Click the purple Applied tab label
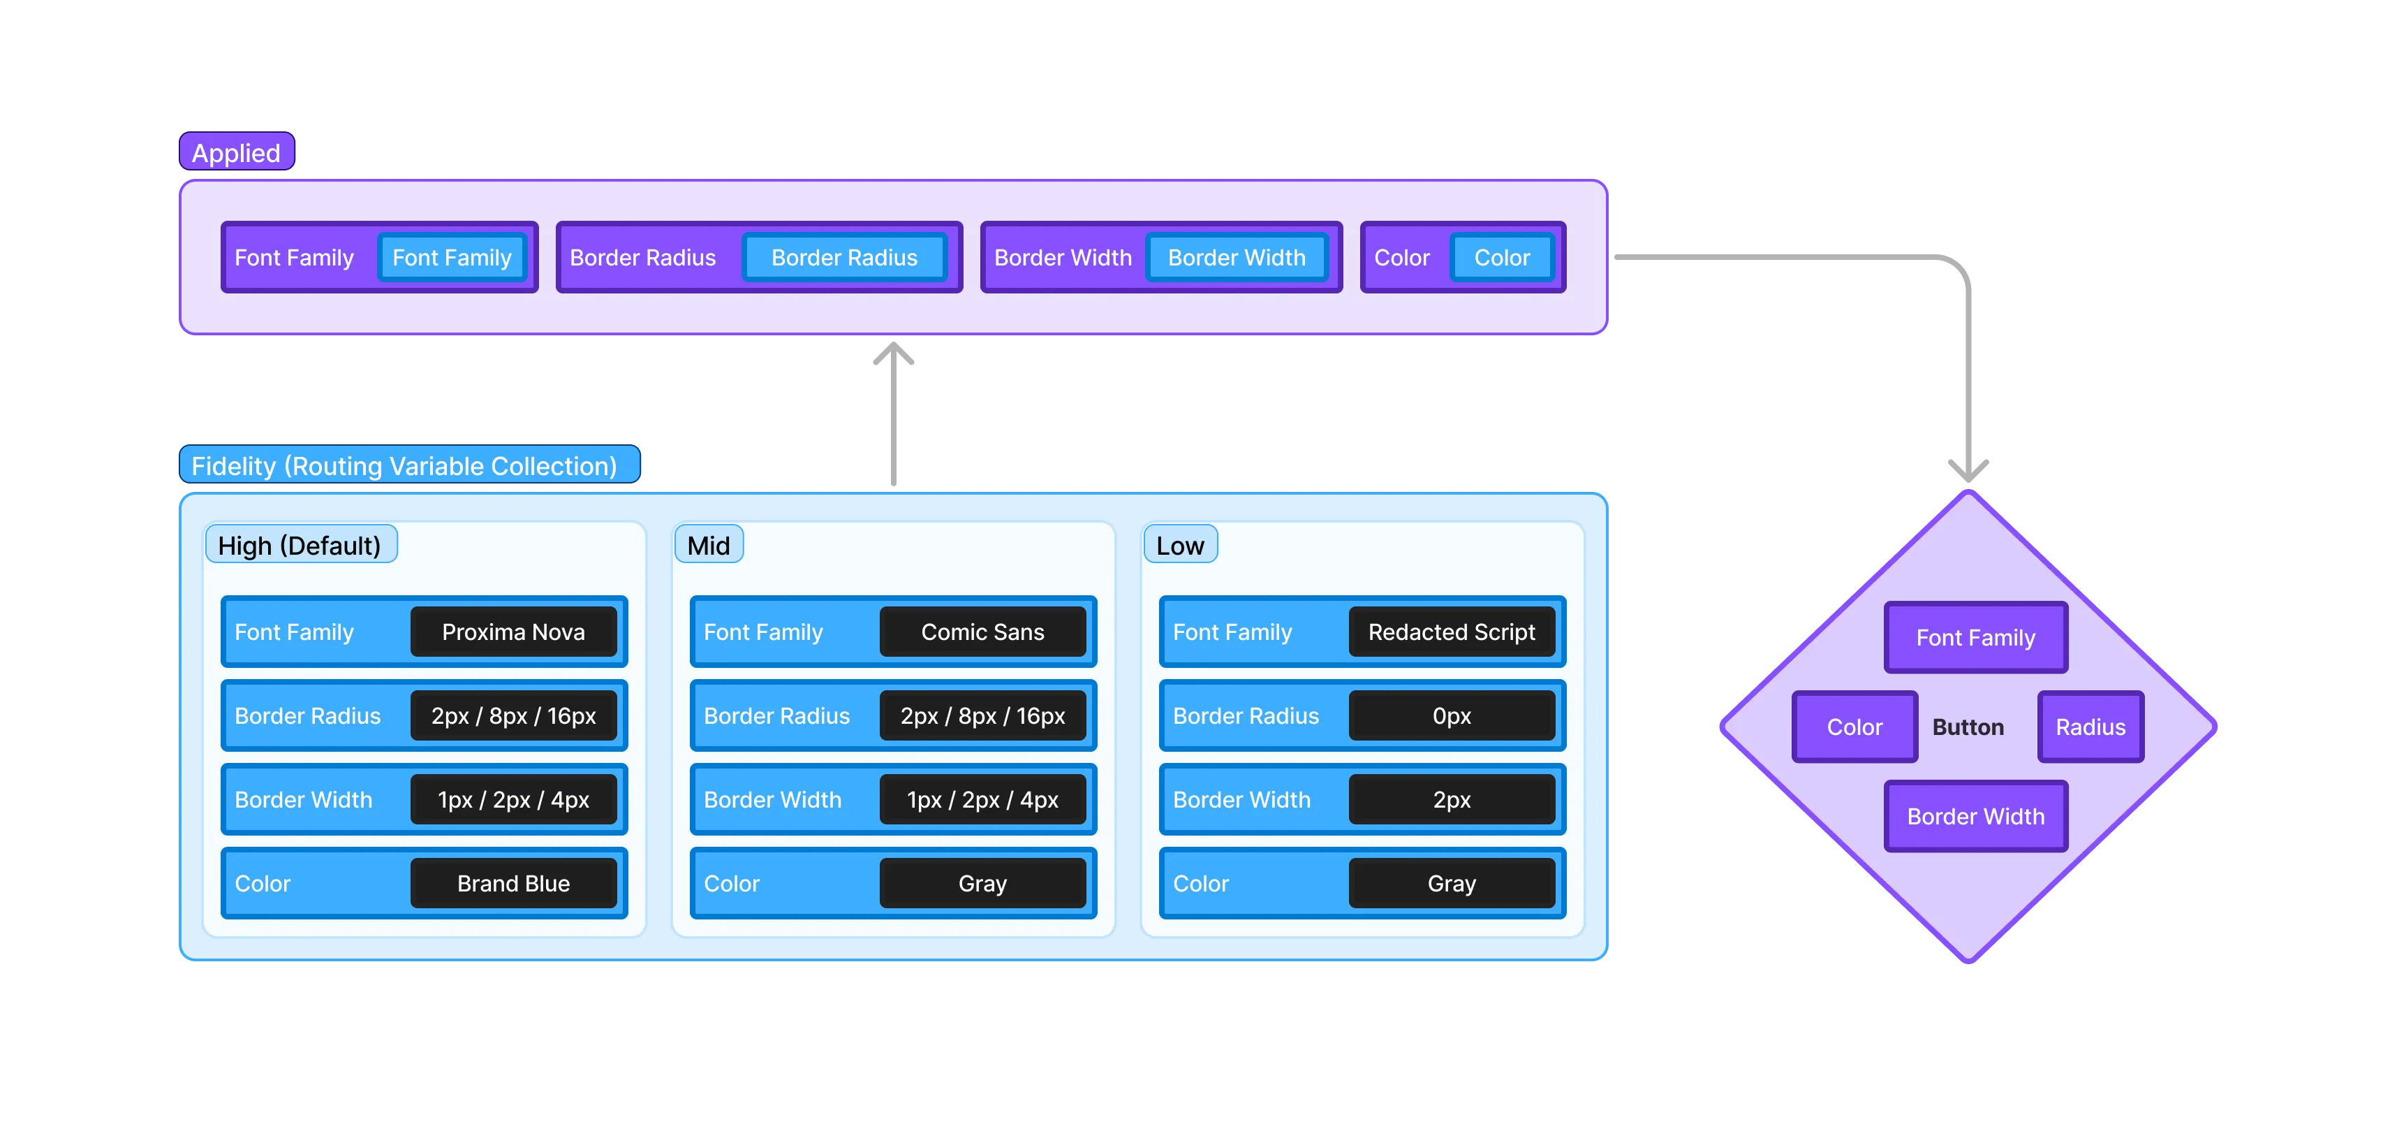coord(237,152)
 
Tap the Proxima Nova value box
coord(514,632)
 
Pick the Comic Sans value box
coord(982,632)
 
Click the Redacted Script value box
coord(1452,632)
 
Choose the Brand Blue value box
coord(514,883)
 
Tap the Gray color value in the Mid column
coord(982,883)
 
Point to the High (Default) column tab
coord(300,546)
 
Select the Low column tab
coord(1180,546)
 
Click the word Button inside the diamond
coord(1968,727)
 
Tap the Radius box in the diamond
coord(2090,727)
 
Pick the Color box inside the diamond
coord(1854,727)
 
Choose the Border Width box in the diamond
coord(1975,816)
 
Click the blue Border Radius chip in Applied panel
coord(844,258)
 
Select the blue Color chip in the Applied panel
coord(1502,258)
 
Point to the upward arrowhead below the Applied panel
coord(893,356)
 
